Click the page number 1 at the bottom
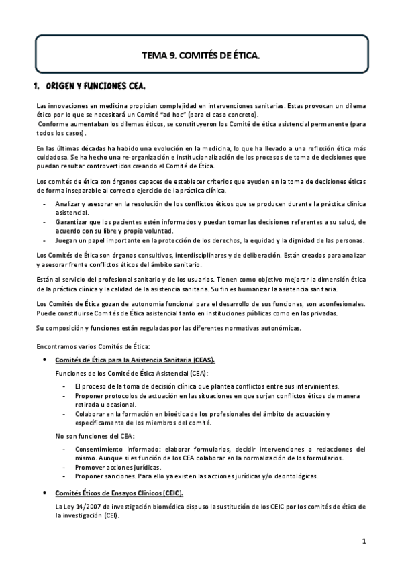coord(363,541)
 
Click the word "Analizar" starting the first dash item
coord(69,202)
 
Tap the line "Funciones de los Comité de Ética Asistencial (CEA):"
coord(132,373)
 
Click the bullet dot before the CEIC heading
coord(44,491)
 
